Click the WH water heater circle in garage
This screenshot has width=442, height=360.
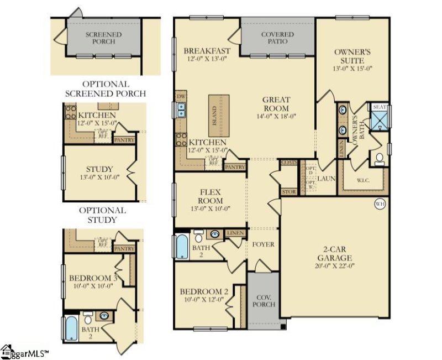380,204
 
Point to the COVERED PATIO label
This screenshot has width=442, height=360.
278,38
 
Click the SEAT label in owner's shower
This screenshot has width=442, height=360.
380,107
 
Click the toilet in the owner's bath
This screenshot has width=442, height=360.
380,159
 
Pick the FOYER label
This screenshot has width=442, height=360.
263,244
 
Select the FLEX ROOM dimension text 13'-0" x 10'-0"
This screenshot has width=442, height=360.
211,208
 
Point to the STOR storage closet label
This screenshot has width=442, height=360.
288,192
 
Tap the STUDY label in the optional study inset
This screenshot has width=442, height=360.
99,169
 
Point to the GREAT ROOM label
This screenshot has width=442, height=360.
276,104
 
